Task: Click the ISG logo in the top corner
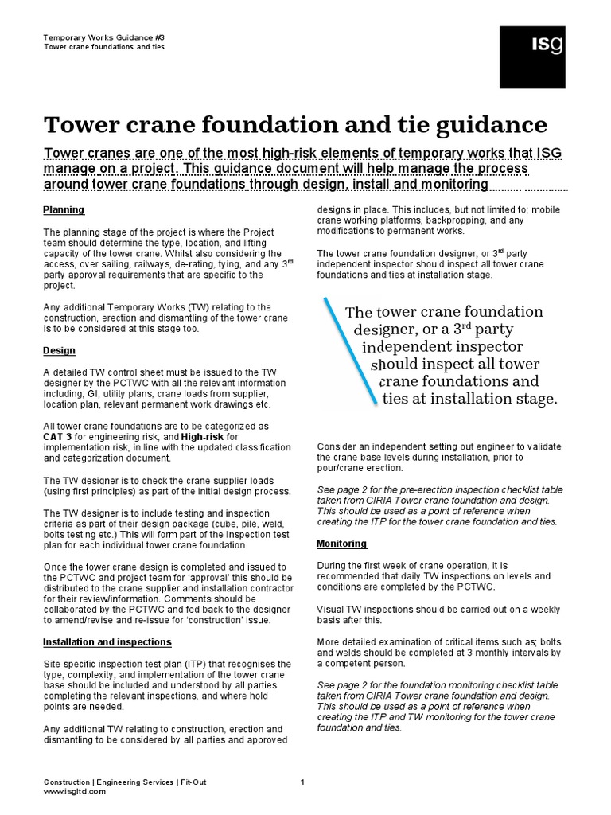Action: [x=532, y=57]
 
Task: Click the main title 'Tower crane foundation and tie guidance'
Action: [x=295, y=125]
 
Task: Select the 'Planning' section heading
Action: [x=64, y=210]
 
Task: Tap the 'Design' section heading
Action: [x=60, y=349]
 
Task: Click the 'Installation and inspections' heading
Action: [x=107, y=641]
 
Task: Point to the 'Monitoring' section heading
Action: [x=342, y=544]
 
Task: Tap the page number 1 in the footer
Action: [x=302, y=782]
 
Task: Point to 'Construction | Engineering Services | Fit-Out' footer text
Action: [x=125, y=782]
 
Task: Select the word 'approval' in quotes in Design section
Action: [x=205, y=577]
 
